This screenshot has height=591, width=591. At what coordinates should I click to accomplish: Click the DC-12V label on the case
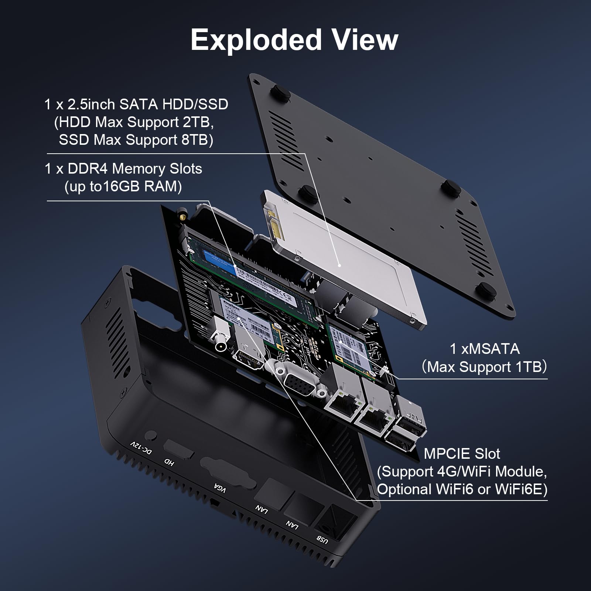tap(141, 448)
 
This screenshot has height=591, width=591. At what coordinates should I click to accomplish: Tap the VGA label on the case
tap(220, 488)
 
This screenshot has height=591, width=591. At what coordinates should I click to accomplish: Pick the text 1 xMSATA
tap(484, 349)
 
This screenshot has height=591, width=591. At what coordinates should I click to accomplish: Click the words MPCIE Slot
tap(462, 454)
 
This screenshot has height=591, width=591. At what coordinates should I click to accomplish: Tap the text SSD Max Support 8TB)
tap(136, 140)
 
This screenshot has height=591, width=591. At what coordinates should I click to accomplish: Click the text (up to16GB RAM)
tap(123, 187)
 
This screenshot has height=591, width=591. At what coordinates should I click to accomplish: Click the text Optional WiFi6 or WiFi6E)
tap(462, 489)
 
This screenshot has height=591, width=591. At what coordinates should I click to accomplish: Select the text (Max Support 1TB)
tap(484, 367)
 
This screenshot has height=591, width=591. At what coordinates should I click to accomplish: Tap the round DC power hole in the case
tap(151, 435)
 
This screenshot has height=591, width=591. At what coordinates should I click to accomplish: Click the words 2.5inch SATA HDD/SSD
tap(148, 105)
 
